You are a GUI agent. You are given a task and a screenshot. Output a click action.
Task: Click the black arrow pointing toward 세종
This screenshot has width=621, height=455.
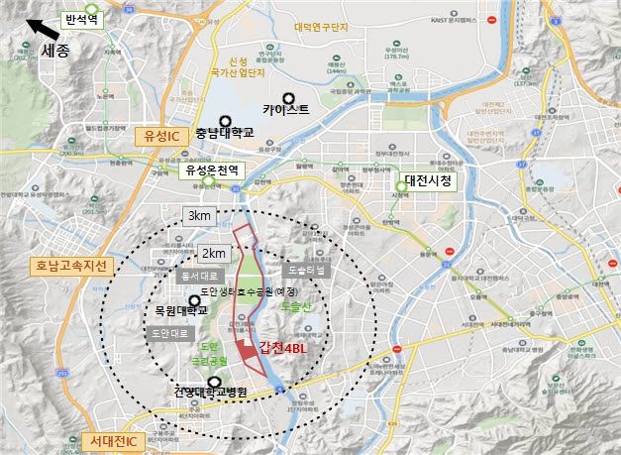coord(42,30)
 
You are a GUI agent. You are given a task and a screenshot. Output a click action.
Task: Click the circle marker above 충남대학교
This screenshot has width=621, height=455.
coord(224,120)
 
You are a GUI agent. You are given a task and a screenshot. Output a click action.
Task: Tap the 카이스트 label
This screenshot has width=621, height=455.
coord(286,110)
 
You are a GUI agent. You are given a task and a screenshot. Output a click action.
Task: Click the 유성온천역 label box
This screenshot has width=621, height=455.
coord(216,170)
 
